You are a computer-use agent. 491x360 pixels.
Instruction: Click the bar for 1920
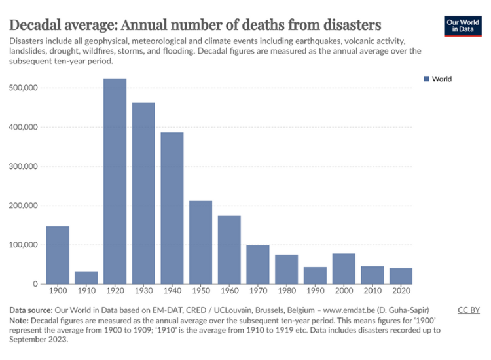[x=115, y=181]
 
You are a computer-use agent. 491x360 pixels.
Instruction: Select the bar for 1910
[x=86, y=278]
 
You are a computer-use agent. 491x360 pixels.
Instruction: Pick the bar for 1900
[x=58, y=255]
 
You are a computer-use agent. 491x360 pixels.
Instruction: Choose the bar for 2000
[x=344, y=268]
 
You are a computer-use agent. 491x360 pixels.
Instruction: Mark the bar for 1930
[x=143, y=193]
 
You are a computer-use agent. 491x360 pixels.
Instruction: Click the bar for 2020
[x=401, y=276]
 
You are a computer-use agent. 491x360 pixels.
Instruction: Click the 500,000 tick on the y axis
[x=24, y=88]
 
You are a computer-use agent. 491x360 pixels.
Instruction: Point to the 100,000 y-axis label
[x=24, y=245]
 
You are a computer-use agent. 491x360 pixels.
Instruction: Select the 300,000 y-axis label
[x=24, y=166]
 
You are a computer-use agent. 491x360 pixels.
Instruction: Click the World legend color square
[x=427, y=79]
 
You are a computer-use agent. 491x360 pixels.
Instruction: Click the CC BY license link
[x=469, y=310]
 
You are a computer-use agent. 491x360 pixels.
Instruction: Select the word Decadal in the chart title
[x=39, y=25]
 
